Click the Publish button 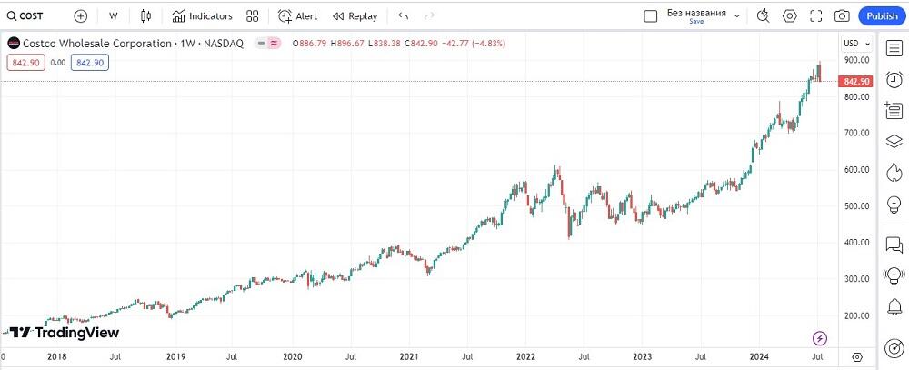[882, 15]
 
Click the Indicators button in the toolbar [202, 15]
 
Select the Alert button [298, 15]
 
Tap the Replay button [355, 15]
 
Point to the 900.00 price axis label [854, 60]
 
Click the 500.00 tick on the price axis [854, 206]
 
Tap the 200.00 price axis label [854, 316]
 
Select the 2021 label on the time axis [409, 357]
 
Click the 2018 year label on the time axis [56, 357]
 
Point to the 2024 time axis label [760, 357]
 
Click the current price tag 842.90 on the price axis [857, 82]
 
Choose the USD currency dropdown [856, 43]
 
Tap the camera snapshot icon [842, 15]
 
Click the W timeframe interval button [113, 15]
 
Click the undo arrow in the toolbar [404, 15]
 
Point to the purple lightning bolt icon [820, 338]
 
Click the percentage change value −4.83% [485, 43]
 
